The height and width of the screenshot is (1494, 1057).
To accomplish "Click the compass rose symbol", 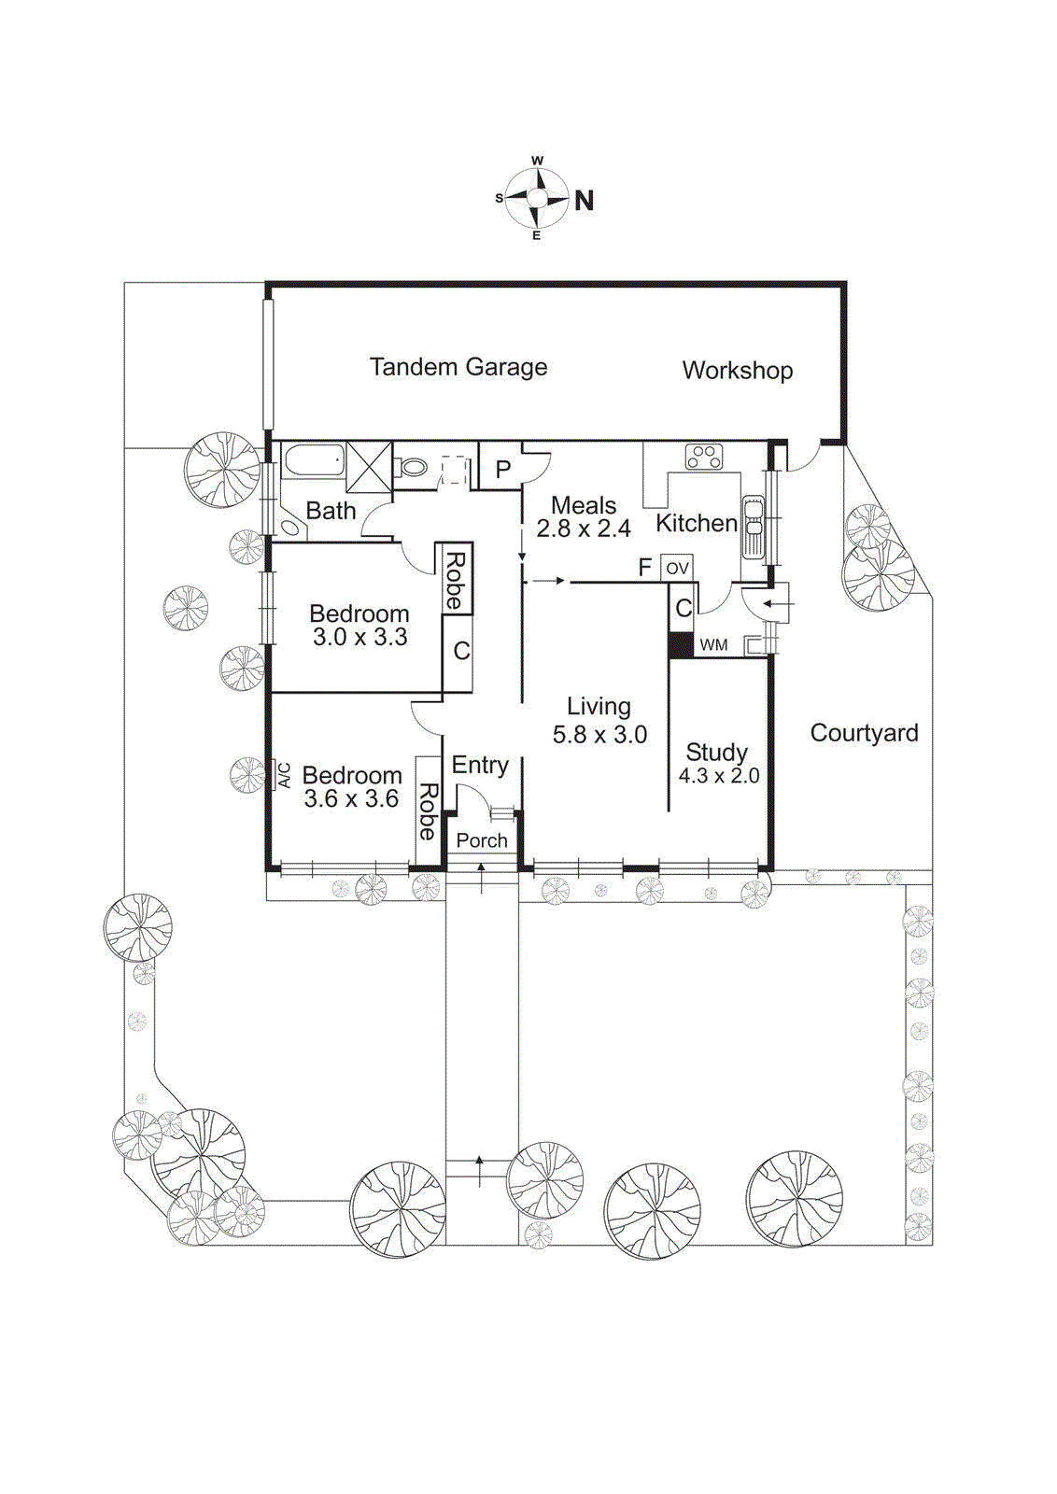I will tap(537, 198).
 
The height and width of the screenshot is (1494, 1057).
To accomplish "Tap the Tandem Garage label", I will tap(458, 367).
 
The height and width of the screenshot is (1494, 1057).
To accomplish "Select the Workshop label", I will tap(737, 371).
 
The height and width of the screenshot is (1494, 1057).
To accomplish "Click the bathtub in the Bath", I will tap(313, 461).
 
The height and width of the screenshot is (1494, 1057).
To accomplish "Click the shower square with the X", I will tap(369, 465).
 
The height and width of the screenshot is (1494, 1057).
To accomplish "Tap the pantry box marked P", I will tap(502, 469).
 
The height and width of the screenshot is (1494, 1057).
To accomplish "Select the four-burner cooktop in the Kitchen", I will tap(704, 457).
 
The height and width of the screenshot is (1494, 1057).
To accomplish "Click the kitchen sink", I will tap(753, 528).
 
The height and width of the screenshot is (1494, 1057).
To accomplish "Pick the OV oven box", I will tap(677, 568).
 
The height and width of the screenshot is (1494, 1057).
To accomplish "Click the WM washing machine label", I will tap(713, 645).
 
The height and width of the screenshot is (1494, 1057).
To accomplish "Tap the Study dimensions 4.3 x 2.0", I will tap(718, 776).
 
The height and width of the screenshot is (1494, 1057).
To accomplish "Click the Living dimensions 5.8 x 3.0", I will tap(599, 735).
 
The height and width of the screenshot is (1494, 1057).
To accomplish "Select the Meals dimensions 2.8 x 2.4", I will tap(584, 529).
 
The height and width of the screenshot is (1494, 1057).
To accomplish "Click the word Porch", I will tap(482, 840).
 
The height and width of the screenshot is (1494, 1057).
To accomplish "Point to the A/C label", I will tap(284, 776).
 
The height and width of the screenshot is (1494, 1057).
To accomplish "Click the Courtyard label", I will tap(864, 733).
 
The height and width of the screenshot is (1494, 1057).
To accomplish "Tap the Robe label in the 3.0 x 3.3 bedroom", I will tap(455, 581).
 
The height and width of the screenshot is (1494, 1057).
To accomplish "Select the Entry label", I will tap(480, 766).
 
